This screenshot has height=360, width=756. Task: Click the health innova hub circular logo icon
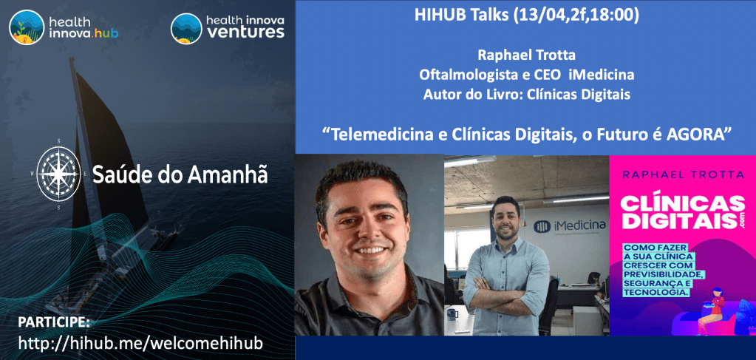point(27,28)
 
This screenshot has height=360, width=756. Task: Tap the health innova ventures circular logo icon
point(186,28)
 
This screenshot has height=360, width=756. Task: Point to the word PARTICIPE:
point(53,322)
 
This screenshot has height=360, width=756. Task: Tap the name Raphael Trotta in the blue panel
point(526,56)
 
